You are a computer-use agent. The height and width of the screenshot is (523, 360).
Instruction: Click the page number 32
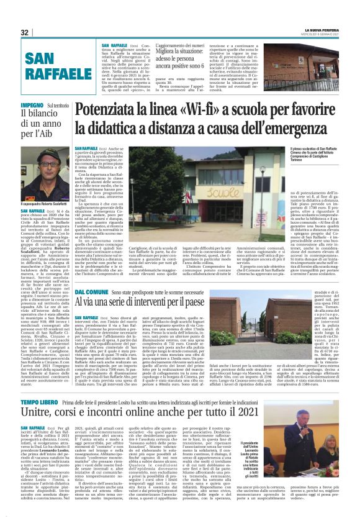coord(25,32)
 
